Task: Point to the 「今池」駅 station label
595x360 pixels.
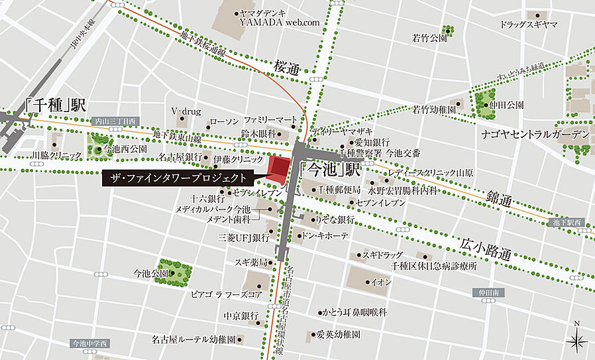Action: (x=330, y=169)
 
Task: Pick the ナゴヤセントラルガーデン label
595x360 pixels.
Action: (x=535, y=135)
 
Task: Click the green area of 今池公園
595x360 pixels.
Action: (x=174, y=271)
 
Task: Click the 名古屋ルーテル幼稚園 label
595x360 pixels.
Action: (x=193, y=339)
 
